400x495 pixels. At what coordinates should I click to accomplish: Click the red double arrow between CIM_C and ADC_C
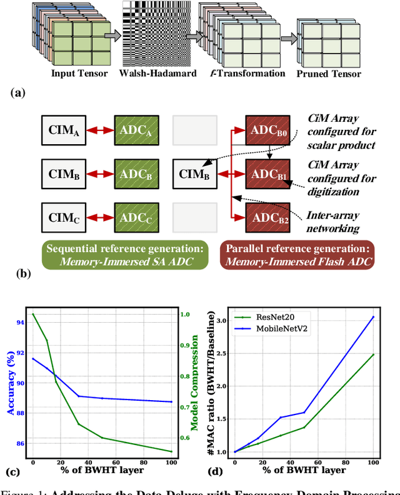pyautogui.click(x=101, y=217)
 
